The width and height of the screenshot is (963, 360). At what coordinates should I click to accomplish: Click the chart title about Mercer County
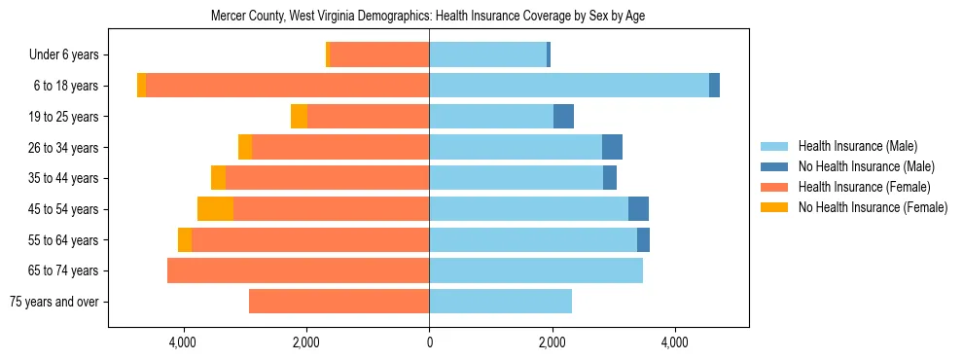coord(428,16)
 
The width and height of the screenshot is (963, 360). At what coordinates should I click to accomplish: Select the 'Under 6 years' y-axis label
coord(70,54)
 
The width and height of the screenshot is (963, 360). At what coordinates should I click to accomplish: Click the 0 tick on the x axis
coord(429,342)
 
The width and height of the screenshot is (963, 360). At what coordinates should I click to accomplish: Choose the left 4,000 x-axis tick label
coord(183,342)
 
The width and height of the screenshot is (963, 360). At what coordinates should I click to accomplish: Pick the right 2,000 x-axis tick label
coord(552,342)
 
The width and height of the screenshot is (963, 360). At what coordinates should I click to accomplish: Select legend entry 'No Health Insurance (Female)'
coord(873,207)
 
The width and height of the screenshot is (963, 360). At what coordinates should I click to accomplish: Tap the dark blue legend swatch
coord(774,166)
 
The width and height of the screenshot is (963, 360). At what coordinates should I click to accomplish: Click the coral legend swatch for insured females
coord(774,187)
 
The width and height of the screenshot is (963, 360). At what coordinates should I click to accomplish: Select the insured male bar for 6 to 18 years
coord(569,86)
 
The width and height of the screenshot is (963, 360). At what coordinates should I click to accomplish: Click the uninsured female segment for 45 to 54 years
coord(215,209)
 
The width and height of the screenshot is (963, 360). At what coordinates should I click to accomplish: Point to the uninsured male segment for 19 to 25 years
coord(563,117)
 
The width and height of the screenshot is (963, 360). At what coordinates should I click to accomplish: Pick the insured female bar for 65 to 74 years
coord(299,270)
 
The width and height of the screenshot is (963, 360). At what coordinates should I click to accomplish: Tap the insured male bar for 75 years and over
coord(500,302)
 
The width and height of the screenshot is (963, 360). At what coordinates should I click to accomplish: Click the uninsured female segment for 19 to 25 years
coord(299,117)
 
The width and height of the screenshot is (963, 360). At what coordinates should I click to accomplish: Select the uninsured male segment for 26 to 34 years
coord(612,147)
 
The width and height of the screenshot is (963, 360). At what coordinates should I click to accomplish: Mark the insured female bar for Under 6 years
coord(379,54)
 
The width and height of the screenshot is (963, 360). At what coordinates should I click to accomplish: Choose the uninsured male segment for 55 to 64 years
coord(643,239)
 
